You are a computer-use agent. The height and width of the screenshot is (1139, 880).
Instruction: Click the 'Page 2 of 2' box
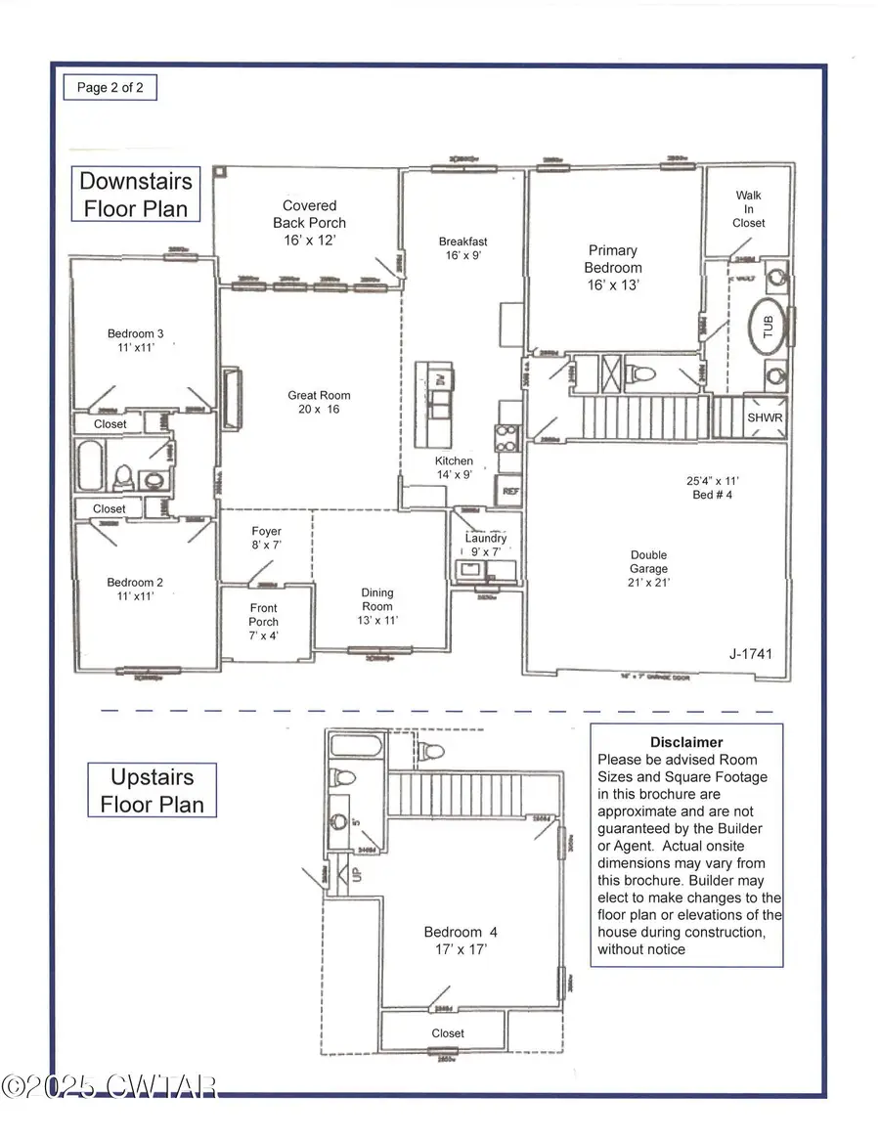[110, 87]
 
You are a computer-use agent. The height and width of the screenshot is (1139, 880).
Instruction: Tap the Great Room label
[319, 402]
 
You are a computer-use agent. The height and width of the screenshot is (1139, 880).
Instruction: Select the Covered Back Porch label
[309, 222]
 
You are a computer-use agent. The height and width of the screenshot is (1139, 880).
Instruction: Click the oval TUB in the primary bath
[767, 326]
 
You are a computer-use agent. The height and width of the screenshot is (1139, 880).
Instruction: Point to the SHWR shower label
[765, 416]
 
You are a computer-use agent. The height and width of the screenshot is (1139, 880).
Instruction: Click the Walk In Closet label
[749, 209]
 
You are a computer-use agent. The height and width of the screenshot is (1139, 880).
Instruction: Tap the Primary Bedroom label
[613, 268]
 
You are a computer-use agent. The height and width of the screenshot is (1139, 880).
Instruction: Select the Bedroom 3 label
[135, 340]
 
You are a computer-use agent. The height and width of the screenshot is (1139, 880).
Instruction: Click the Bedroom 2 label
[135, 589]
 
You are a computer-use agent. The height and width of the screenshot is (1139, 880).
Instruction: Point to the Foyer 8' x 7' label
[266, 539]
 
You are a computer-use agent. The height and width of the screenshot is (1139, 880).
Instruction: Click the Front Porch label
[263, 622]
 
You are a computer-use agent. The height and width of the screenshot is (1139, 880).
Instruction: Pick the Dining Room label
[377, 606]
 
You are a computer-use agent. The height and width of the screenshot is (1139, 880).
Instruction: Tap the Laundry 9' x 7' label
[485, 545]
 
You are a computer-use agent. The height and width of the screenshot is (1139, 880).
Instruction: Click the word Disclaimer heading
[686, 742]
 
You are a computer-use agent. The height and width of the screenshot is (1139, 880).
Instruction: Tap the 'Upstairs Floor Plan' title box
[152, 790]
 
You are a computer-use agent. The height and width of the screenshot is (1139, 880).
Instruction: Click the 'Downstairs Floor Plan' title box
[136, 194]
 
